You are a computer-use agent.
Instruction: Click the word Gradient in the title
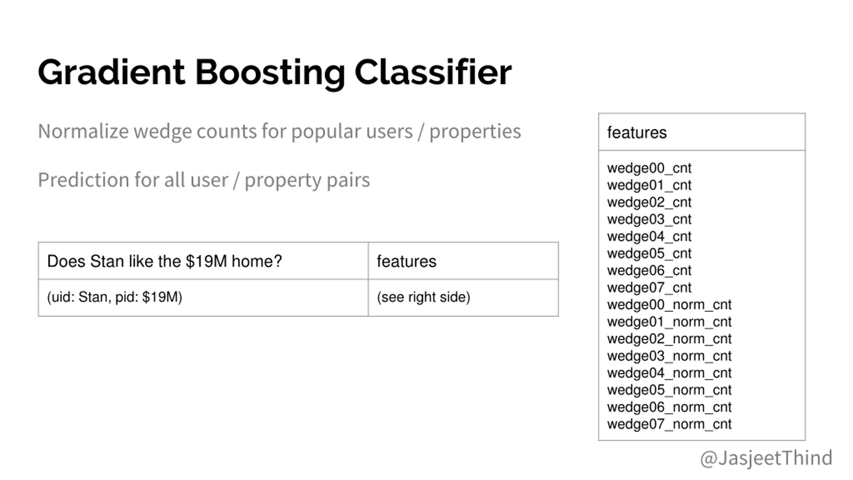click(x=111, y=72)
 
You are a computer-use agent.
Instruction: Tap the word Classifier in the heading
click(x=433, y=72)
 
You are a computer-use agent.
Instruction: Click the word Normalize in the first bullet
click(x=83, y=131)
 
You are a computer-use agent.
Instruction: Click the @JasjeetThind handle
click(x=766, y=458)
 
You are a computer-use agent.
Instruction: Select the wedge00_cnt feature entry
click(x=649, y=168)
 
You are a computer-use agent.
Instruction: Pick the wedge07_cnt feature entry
click(x=649, y=288)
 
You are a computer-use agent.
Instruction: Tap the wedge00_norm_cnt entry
click(x=669, y=305)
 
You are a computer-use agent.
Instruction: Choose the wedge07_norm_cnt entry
click(x=669, y=424)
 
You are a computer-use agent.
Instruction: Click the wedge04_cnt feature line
click(x=649, y=237)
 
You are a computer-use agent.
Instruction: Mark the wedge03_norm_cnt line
click(x=669, y=356)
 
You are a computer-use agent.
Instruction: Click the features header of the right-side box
click(x=637, y=133)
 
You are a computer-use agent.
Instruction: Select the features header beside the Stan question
click(x=407, y=261)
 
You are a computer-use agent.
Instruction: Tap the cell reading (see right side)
click(x=424, y=297)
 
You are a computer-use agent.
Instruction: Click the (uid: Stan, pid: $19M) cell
click(x=115, y=297)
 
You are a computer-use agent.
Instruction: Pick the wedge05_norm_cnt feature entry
click(x=669, y=390)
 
